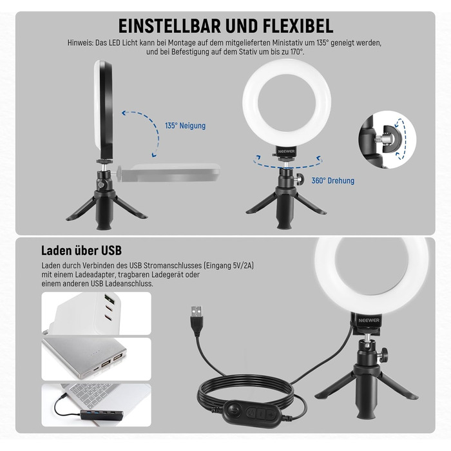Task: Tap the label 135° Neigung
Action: (x=185, y=126)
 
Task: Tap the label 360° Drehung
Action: (x=332, y=181)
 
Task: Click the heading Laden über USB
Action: (x=81, y=250)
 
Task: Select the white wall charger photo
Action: (x=96, y=313)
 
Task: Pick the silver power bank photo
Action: (x=96, y=359)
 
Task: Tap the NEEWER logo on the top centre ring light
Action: (x=286, y=153)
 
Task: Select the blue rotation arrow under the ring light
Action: (x=287, y=164)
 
